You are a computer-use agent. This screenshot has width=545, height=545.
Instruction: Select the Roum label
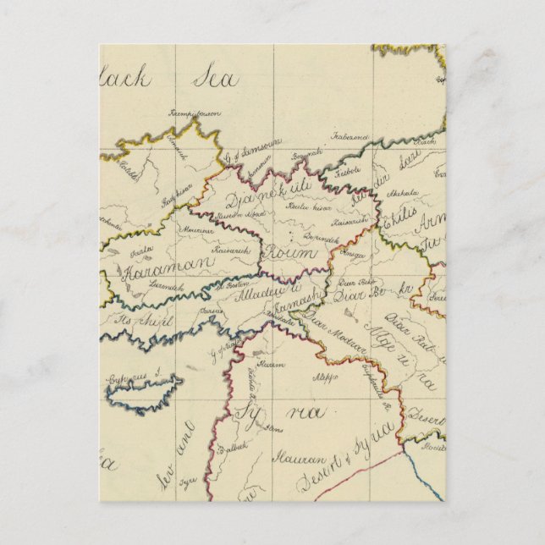click(x=290, y=253)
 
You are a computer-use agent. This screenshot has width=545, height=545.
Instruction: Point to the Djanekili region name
click(x=269, y=197)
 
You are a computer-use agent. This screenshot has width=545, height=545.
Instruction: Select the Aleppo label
click(x=322, y=376)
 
